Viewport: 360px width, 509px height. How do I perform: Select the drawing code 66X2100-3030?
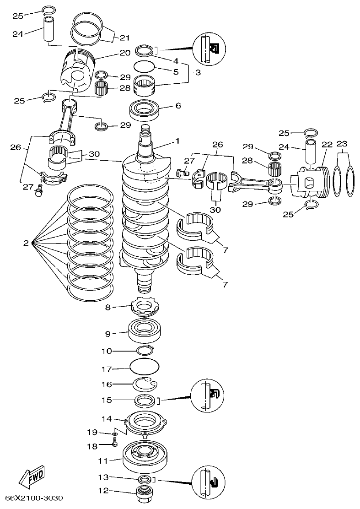[34, 498]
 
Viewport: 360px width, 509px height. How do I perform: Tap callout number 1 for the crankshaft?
[177, 141]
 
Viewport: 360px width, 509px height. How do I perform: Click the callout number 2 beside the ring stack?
[26, 243]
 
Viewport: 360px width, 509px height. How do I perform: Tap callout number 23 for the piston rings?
[342, 143]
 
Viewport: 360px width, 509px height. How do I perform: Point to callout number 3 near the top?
[198, 73]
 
